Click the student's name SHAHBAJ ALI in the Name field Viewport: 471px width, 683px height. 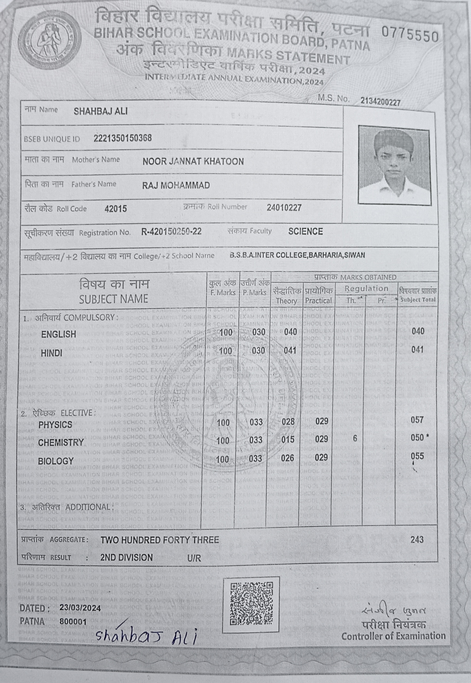[100, 111]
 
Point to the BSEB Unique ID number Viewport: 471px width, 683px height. [123, 138]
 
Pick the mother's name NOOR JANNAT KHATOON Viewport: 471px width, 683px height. [193, 161]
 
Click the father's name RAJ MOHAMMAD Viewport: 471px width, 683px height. [176, 185]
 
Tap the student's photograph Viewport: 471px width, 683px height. [394, 165]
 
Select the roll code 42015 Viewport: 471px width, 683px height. [116, 209]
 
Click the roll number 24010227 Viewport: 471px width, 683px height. [284, 208]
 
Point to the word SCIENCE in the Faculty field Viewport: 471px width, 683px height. [305, 231]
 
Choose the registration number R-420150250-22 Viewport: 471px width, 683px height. [171, 231]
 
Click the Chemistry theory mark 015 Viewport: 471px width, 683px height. [288, 440]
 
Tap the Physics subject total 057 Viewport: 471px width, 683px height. [417, 419]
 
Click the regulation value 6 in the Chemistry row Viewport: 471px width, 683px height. [355, 438]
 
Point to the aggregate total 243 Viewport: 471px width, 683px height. [417, 540]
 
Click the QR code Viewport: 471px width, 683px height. [251, 604]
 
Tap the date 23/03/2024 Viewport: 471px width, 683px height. [80, 608]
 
